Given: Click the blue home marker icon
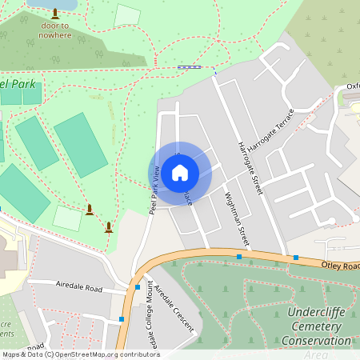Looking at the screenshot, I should coord(180,172).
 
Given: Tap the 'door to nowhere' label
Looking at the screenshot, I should coord(54,30).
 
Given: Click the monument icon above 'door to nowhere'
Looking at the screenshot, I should coord(54,14).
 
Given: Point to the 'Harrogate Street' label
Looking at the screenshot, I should coord(250,169).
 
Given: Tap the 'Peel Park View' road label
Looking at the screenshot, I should coord(154,190).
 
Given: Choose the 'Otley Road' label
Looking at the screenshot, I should coord(340,263).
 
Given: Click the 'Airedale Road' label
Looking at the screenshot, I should coord(78,285).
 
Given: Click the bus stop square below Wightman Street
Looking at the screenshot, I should coord(239,257).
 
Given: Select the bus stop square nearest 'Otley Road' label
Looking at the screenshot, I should coord(296,258).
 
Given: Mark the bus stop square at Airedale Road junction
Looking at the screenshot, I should coord(138,286).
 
